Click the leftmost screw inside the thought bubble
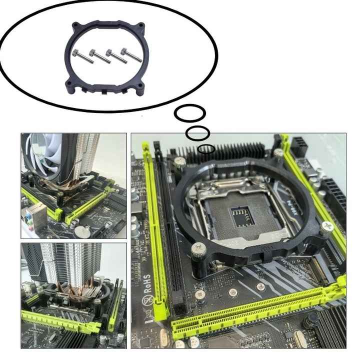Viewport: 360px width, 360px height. pyautogui.click(x=80, y=53)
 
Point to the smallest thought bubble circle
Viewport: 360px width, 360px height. pyautogui.click(x=206, y=149)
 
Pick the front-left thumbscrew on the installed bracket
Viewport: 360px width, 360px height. pyautogui.click(x=198, y=248)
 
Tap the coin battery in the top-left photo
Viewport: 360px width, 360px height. pyautogui.click(x=80, y=231)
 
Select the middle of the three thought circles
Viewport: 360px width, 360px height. pyautogui.click(x=197, y=133)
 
